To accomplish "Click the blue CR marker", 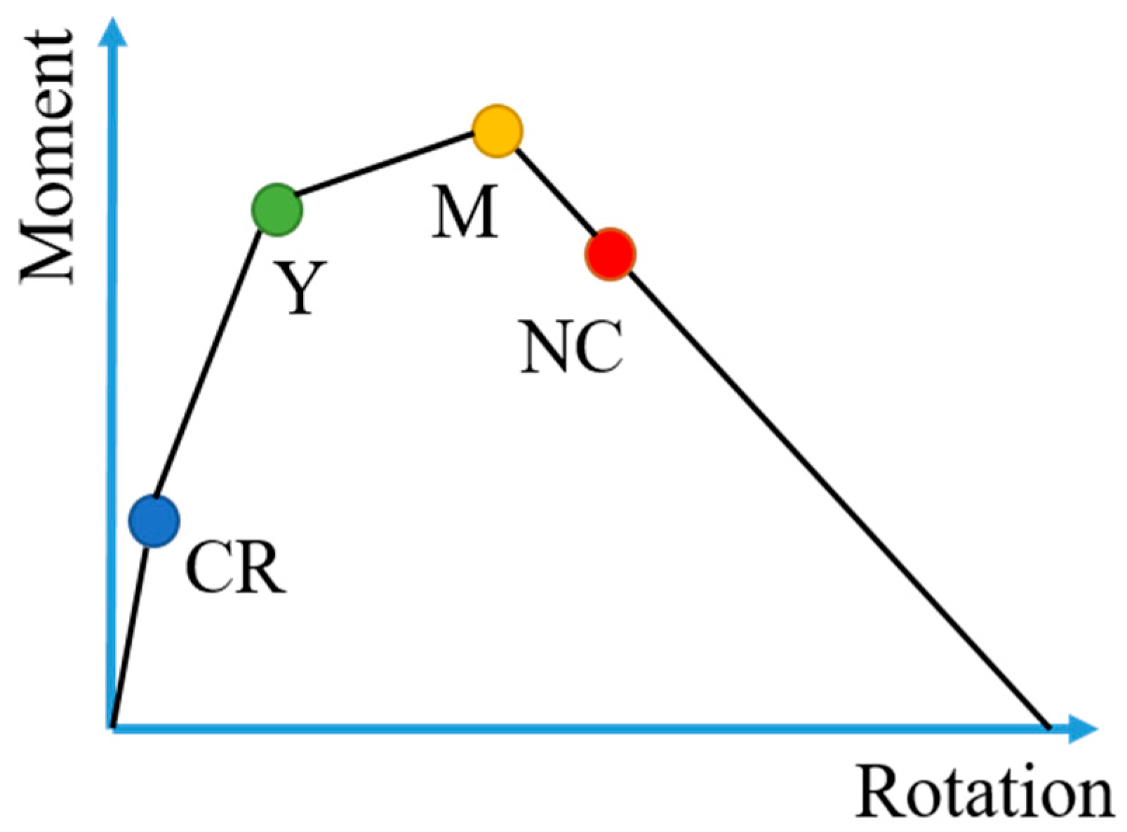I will pos(154,521).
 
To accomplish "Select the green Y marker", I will pos(276,209).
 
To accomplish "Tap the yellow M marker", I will pos(497,131).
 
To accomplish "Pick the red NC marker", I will pos(610,254).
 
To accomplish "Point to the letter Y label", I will pos(300,287).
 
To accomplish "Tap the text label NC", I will pos(571,347).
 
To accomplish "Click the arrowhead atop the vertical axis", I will pos(112,31).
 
